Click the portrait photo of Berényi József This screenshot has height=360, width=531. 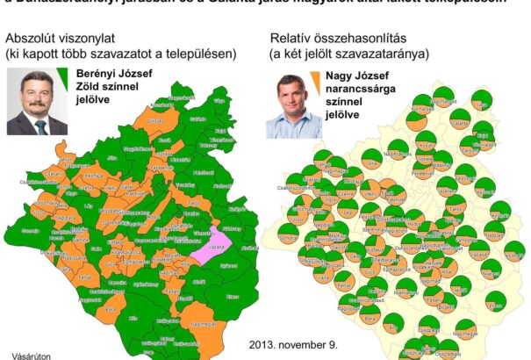pos(37,102)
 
